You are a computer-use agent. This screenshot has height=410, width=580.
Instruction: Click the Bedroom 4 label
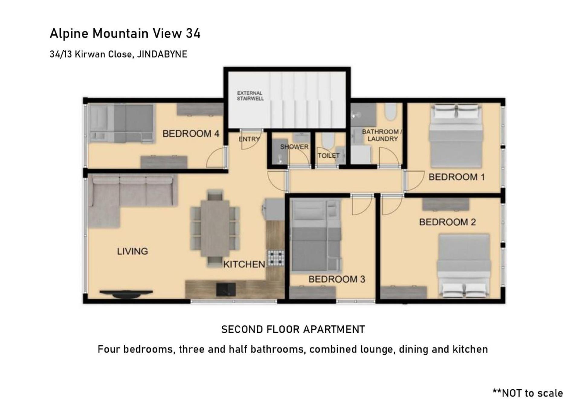point(191,133)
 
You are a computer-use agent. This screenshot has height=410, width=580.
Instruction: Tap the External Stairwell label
point(250,96)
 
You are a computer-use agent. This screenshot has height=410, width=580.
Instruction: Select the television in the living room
point(126,293)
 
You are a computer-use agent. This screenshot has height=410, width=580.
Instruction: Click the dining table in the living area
point(215,228)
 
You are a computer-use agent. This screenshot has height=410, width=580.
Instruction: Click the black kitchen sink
point(226,289)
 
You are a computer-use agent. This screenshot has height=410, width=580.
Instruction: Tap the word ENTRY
point(249,139)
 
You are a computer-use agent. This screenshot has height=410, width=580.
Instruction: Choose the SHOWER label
point(294,147)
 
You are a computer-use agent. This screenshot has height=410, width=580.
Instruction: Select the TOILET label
point(329,155)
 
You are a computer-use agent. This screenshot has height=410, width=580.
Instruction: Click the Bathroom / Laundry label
point(382,135)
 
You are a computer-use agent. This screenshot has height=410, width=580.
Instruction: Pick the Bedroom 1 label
point(456,177)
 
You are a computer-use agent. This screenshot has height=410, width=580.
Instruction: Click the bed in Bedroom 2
point(464,266)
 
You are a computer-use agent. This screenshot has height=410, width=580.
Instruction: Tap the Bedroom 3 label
point(337,279)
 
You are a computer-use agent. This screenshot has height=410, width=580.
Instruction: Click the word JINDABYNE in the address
point(162,54)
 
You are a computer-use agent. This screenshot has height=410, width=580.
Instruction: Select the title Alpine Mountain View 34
point(125,34)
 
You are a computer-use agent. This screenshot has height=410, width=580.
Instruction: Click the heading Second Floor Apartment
point(293,329)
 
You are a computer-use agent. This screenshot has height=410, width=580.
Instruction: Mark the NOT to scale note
point(528,393)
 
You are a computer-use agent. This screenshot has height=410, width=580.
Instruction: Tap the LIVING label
point(132,251)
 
